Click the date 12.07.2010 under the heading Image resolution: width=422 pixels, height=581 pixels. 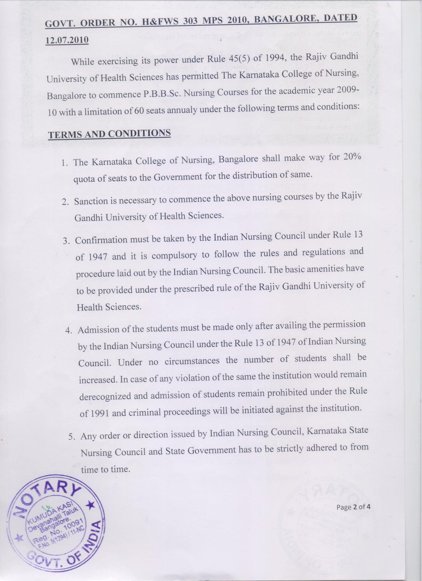click(67, 40)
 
